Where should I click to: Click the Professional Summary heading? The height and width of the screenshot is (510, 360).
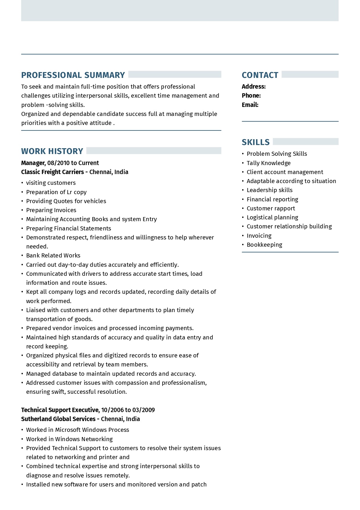(x=73, y=75)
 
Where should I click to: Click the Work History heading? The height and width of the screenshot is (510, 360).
(x=52, y=151)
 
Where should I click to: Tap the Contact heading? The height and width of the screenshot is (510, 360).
(x=260, y=75)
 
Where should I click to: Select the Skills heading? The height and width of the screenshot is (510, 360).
(x=255, y=142)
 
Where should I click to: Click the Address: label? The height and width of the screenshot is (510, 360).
(x=253, y=87)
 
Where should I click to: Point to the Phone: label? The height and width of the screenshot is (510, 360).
(x=251, y=96)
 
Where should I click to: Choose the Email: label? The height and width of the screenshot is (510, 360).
(x=250, y=105)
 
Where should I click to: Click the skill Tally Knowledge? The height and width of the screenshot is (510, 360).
(x=269, y=163)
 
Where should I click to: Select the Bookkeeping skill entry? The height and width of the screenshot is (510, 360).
(x=264, y=245)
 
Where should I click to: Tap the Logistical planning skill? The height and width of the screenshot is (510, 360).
(x=272, y=217)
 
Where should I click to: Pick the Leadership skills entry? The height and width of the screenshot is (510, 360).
(x=269, y=190)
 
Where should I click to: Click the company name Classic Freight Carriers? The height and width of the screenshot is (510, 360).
(x=52, y=172)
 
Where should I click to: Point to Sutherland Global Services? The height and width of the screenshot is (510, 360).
(x=58, y=419)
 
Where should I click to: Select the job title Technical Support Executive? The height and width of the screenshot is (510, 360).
(x=60, y=410)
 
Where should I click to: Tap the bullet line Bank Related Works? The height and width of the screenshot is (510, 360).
(x=53, y=255)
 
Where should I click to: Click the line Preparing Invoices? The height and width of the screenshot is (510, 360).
(x=51, y=210)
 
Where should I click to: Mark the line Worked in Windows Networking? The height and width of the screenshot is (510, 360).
(x=69, y=439)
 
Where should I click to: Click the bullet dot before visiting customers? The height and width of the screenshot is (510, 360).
(x=22, y=183)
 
